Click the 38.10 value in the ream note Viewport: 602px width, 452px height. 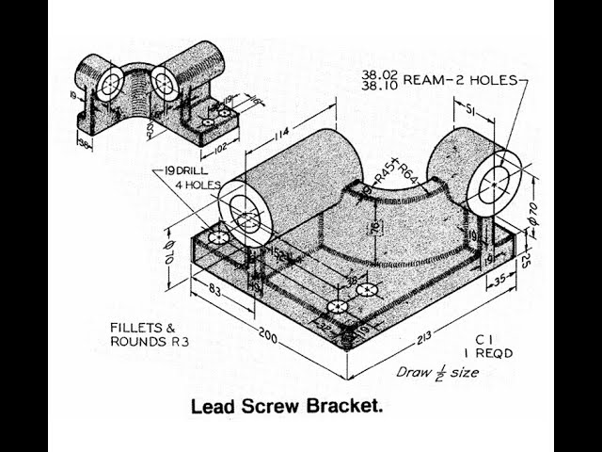tap(377, 87)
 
